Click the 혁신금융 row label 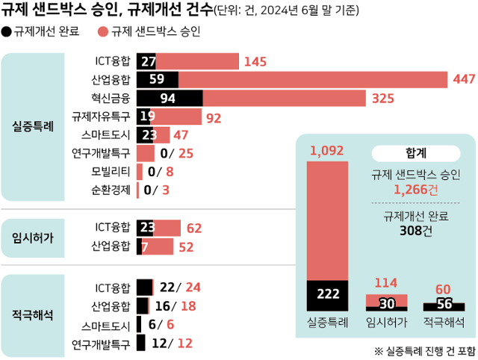point(111,98)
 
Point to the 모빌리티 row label point(111,171)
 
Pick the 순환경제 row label point(111,190)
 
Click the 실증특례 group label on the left point(33,126)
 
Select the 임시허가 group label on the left point(33,237)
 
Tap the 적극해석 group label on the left point(33,315)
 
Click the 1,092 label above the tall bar point(326,151)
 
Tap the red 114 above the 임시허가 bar point(385,283)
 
